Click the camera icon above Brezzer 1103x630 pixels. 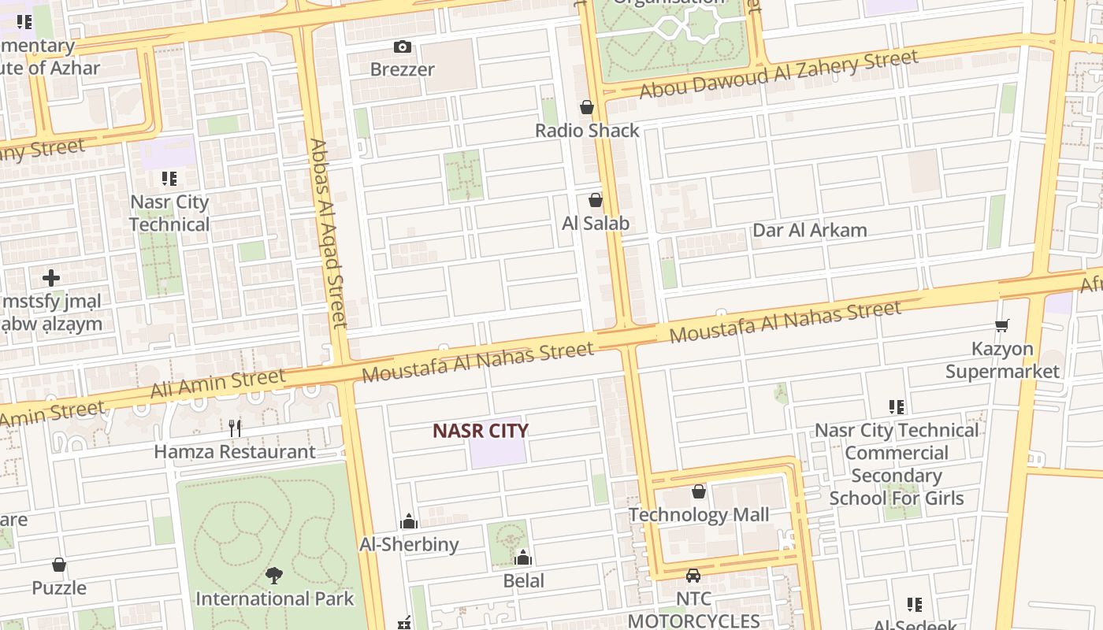403,47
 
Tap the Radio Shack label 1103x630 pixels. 587,130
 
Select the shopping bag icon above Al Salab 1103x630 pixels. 596,200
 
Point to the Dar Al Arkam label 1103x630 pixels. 810,230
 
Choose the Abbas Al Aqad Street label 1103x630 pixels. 328,233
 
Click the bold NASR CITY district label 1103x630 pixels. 481,431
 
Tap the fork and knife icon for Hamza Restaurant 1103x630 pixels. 235,428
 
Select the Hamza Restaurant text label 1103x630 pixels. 235,452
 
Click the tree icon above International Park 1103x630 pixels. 274,576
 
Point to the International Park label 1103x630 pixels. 275,598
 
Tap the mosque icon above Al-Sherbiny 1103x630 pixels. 409,521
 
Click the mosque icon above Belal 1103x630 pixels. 523,558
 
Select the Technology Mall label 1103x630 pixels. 699,515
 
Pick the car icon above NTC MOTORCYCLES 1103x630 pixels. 693,576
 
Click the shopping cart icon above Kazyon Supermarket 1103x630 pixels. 1002,325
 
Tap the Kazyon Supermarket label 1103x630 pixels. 1002,360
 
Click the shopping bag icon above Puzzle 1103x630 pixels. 59,565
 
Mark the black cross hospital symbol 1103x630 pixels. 51,278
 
